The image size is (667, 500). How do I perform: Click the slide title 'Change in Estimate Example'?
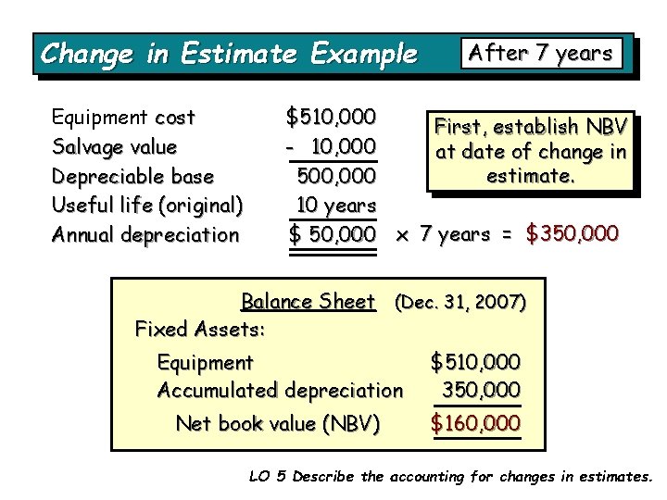(x=228, y=54)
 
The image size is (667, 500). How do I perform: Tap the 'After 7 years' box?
(x=542, y=53)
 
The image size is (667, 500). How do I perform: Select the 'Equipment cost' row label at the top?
(x=123, y=118)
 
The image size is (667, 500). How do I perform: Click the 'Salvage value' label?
(x=114, y=146)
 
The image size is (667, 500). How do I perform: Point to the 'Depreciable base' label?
(x=132, y=176)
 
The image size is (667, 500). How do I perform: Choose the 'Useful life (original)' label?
(x=147, y=205)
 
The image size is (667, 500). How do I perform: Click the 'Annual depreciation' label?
(x=145, y=234)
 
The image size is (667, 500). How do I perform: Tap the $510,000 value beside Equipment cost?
(x=331, y=118)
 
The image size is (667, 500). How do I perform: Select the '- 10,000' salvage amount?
(x=330, y=146)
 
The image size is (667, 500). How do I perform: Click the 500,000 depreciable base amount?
(x=335, y=176)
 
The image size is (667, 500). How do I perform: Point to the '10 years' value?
(x=335, y=205)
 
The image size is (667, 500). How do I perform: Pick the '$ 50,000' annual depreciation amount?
(x=331, y=234)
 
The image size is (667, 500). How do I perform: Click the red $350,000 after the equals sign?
(x=572, y=234)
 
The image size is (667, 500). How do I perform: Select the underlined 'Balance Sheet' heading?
(x=308, y=301)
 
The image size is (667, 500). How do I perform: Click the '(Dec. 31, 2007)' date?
(x=460, y=302)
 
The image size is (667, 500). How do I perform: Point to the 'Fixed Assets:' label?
(x=200, y=329)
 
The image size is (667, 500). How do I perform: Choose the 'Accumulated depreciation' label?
(x=280, y=391)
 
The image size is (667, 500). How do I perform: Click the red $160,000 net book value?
(x=475, y=424)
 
